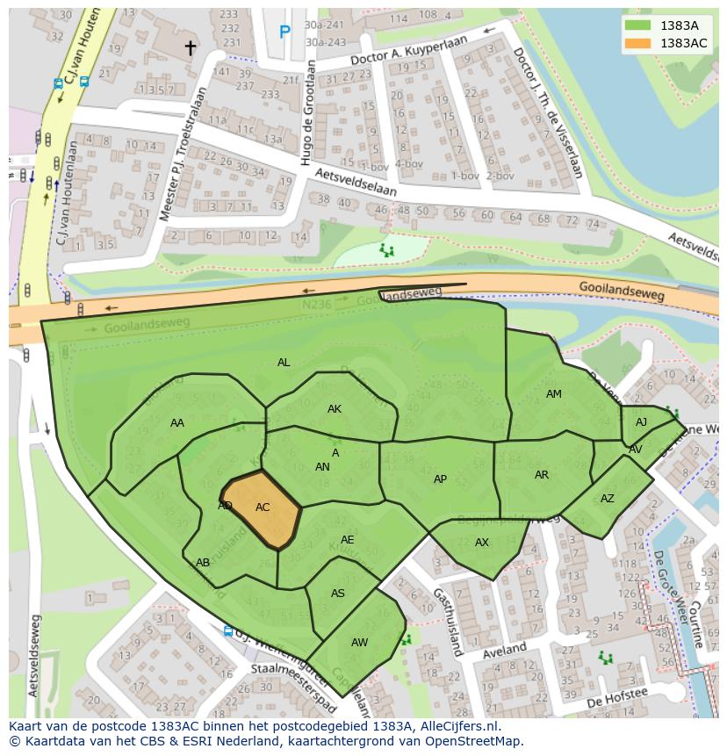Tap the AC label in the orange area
[x=263, y=507]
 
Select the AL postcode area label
[x=284, y=362]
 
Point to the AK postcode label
[x=335, y=409]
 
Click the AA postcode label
[x=177, y=423]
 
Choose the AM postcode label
[x=553, y=394]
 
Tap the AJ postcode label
[x=641, y=422]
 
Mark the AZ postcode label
[x=608, y=499]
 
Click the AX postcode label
[x=481, y=543]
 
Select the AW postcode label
[x=359, y=643]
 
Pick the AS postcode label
[x=338, y=594]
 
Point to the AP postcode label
[x=440, y=479]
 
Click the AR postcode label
[x=542, y=475]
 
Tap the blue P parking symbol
[x=284, y=32]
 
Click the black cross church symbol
[x=190, y=47]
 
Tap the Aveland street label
[x=504, y=651]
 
